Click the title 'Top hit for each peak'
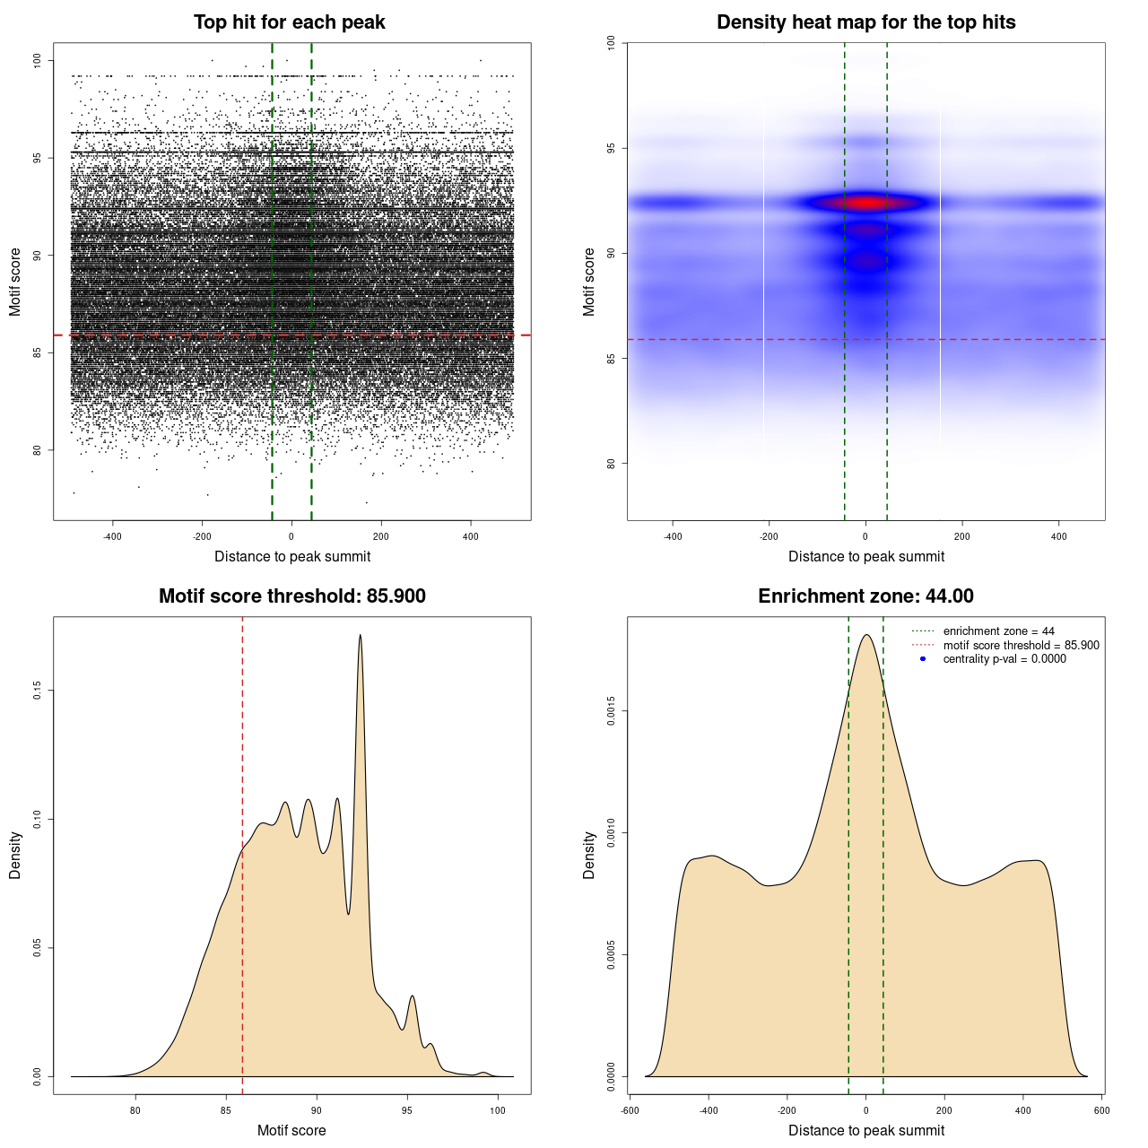(x=290, y=22)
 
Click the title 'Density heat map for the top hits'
(x=865, y=22)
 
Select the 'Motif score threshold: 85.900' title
(x=291, y=596)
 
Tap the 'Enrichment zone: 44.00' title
(x=865, y=596)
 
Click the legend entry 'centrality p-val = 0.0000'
(x=1004, y=659)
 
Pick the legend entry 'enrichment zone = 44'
(x=998, y=631)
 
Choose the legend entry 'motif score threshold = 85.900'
(x=1021, y=646)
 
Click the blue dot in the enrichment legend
(x=923, y=659)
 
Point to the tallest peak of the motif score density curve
(x=361, y=636)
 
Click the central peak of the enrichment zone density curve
(x=866, y=636)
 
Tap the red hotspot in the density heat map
(x=866, y=203)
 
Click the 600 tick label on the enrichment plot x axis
(x=1102, y=1110)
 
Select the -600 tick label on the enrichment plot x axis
(x=630, y=1110)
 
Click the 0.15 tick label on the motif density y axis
(x=37, y=691)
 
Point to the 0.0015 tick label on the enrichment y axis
(x=611, y=712)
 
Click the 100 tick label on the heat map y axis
(x=611, y=42)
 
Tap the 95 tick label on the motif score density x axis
(x=407, y=1110)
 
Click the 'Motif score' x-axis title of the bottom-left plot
(x=291, y=1130)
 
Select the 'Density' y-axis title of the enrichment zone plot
(x=589, y=855)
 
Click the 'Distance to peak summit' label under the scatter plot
(x=292, y=556)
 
